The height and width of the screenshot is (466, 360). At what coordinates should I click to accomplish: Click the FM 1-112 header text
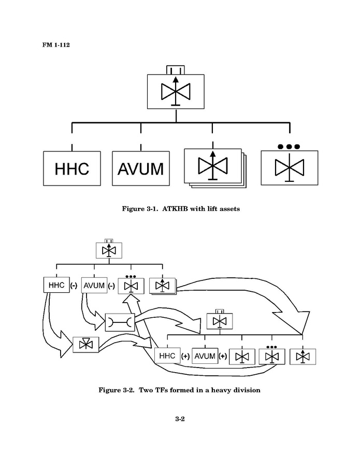pyautogui.click(x=56, y=45)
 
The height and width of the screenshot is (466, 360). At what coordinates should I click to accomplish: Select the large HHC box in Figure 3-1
pyautogui.click(x=71, y=168)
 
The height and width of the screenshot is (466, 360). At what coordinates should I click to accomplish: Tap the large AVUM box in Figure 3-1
pyautogui.click(x=140, y=168)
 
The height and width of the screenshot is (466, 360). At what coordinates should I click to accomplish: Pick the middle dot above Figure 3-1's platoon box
pyautogui.click(x=289, y=147)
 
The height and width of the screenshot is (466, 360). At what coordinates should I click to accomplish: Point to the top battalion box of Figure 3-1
pyautogui.click(x=175, y=92)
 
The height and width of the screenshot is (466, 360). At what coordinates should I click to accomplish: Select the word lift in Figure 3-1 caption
pyautogui.click(x=212, y=209)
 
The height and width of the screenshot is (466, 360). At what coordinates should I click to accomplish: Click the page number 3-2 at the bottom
pyautogui.click(x=180, y=418)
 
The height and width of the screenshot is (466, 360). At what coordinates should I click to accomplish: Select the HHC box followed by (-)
pyautogui.click(x=56, y=285)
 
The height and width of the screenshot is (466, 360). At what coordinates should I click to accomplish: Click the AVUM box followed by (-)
pyautogui.click(x=94, y=285)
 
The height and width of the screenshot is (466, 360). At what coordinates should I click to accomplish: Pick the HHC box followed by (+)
pyautogui.click(x=167, y=356)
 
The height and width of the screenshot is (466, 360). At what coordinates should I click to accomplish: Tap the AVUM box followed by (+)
pyautogui.click(x=205, y=356)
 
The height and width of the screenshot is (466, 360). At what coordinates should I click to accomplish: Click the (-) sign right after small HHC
pyautogui.click(x=74, y=286)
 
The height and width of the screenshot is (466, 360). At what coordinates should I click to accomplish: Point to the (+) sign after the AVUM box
pyautogui.click(x=223, y=357)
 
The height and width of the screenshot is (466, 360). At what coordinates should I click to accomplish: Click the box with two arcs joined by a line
pyautogui.click(x=120, y=322)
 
